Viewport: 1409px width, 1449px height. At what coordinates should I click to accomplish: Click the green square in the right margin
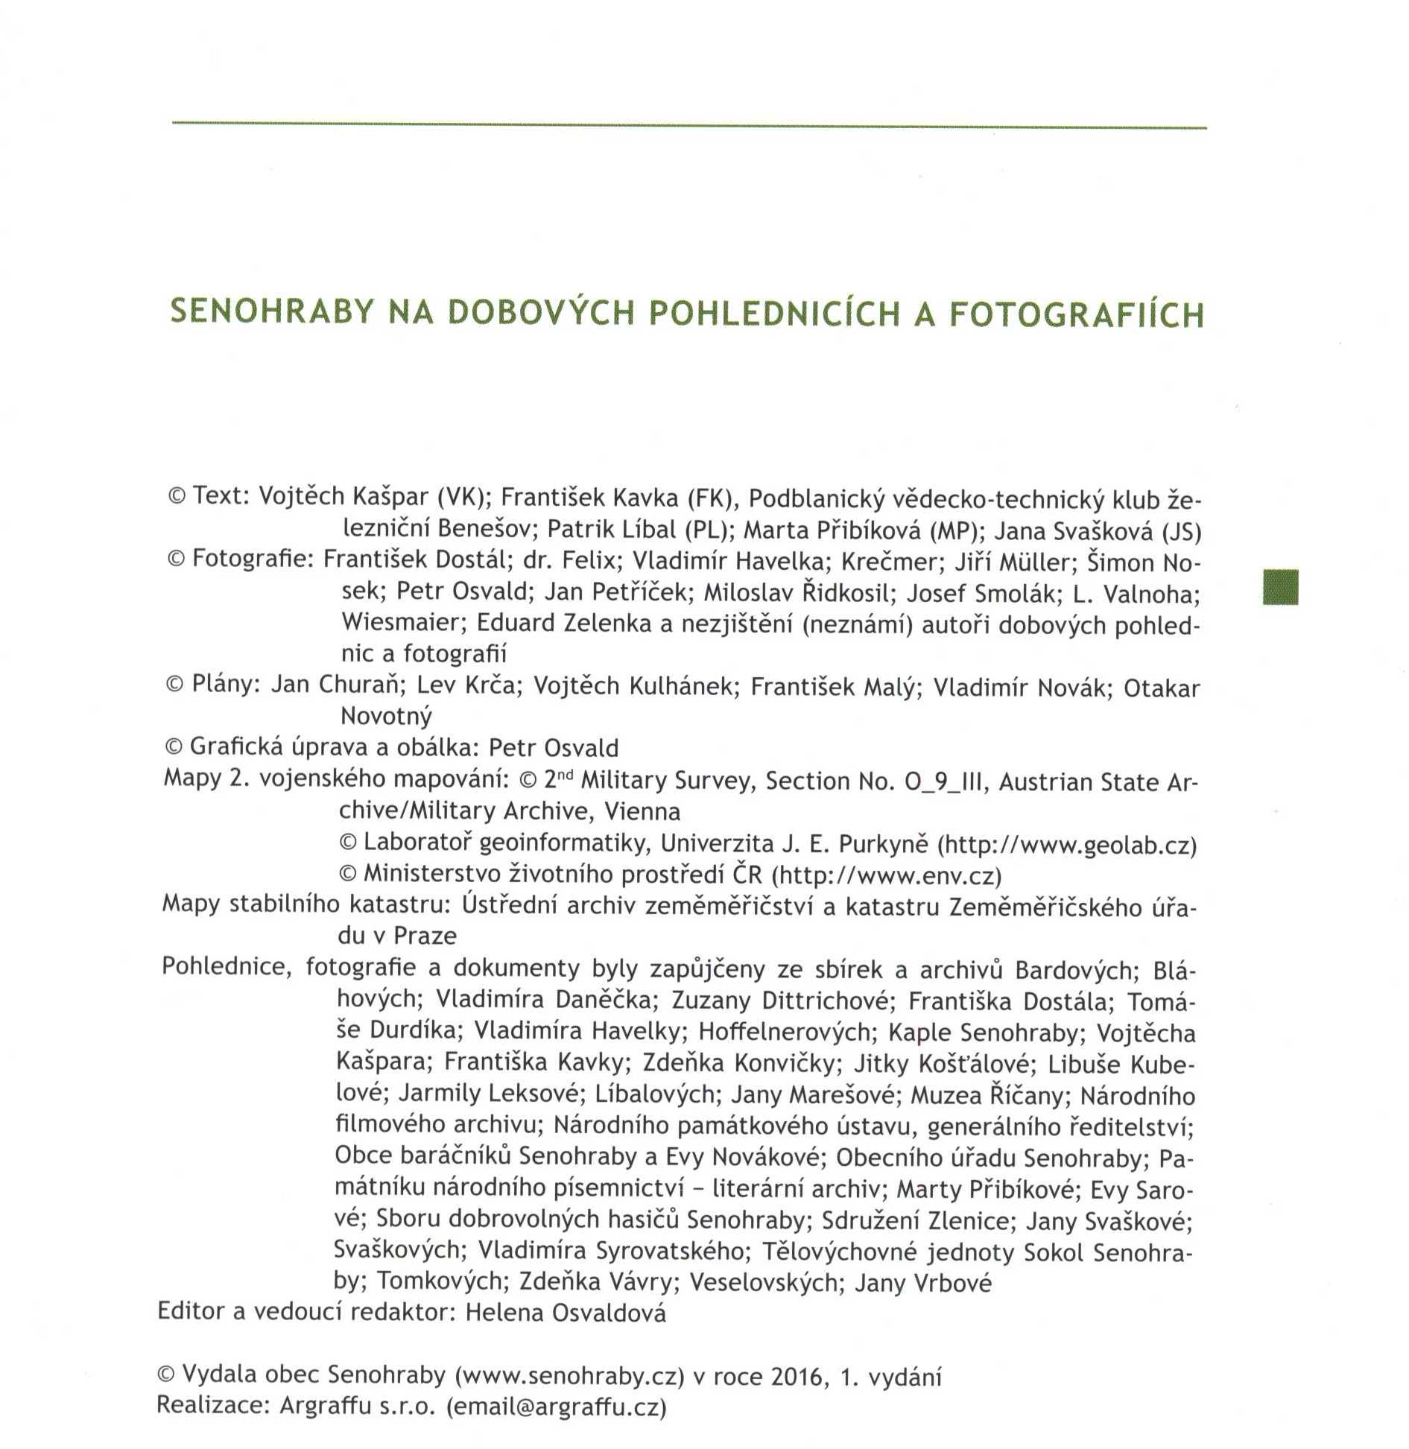tap(1280, 586)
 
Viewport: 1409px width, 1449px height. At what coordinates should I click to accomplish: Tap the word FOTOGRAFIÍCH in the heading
tap(1077, 314)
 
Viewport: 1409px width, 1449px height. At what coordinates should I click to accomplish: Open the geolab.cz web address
tap(1067, 846)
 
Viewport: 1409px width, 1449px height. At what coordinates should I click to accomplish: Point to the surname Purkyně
tap(884, 844)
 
